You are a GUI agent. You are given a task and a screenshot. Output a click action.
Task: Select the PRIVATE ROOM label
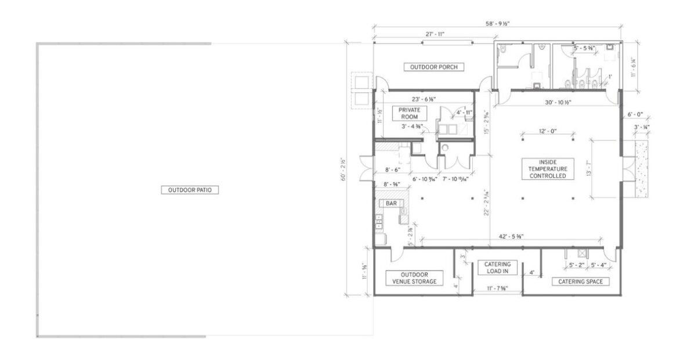[x=410, y=113]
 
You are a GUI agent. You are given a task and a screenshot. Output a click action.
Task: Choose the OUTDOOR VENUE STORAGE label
[x=414, y=278]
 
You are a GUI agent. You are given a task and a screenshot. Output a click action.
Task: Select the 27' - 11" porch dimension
[x=434, y=34]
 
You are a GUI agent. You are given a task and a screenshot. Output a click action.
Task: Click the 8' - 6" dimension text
[x=392, y=171]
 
